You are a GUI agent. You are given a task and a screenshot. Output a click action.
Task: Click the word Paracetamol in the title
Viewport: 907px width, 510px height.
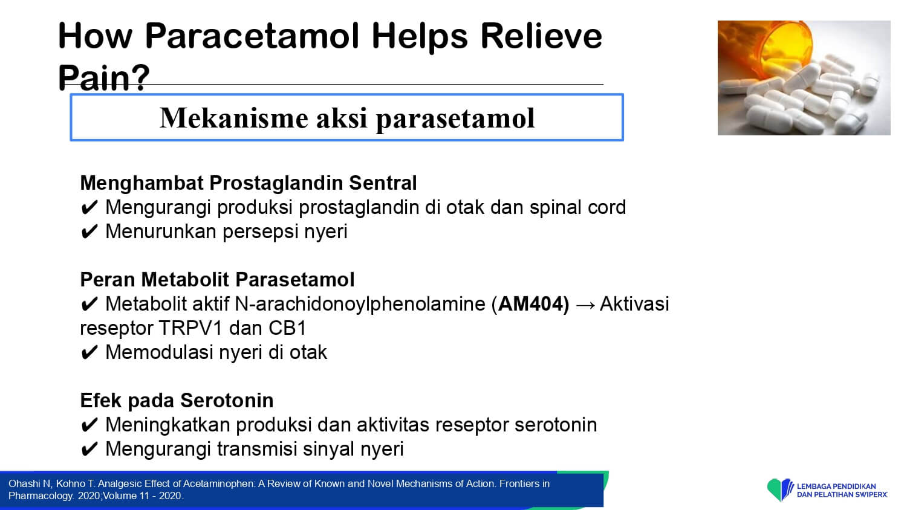click(x=252, y=36)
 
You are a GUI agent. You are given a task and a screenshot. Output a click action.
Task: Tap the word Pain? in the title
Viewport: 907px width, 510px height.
click(x=104, y=78)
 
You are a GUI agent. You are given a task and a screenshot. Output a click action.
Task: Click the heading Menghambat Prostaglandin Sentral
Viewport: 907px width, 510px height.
click(x=248, y=183)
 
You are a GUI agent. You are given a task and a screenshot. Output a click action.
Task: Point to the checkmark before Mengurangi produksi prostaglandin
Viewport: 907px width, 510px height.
click(x=89, y=208)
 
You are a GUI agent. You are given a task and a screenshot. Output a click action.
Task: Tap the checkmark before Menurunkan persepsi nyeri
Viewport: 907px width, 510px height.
click(x=89, y=232)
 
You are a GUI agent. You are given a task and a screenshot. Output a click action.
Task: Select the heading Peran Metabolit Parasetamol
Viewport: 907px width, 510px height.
click(x=218, y=279)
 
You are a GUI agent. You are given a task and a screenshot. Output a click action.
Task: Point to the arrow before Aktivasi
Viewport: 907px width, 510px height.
click(x=585, y=305)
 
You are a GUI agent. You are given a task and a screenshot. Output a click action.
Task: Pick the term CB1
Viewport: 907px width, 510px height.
click(x=287, y=328)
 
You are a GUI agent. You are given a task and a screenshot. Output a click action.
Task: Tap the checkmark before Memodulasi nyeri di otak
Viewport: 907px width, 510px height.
click(x=89, y=352)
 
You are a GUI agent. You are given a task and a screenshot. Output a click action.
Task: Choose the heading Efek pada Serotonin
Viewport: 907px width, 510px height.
click(x=177, y=400)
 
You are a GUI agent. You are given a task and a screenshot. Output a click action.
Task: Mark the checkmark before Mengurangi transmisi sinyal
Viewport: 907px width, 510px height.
click(x=89, y=450)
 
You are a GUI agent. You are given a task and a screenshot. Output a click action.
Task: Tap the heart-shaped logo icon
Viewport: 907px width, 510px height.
click(x=780, y=489)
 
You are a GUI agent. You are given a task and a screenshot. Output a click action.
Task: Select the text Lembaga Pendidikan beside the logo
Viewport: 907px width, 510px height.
click(x=836, y=486)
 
